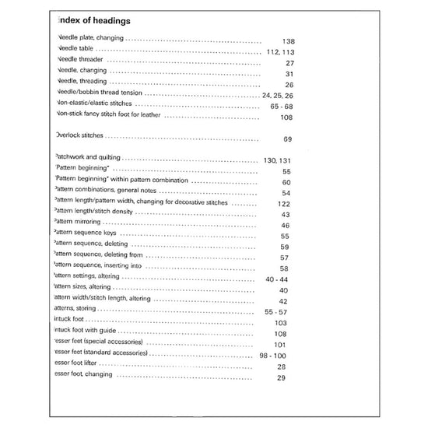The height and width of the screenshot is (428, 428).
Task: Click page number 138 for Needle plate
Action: click(289, 40)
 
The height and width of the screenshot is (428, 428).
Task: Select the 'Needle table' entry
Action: click(76, 48)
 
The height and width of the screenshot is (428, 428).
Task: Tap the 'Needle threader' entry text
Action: click(81, 59)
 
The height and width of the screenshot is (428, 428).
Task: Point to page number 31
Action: click(289, 73)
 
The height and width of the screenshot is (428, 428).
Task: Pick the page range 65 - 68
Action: click(282, 106)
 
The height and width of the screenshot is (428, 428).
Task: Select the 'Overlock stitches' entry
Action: click(81, 135)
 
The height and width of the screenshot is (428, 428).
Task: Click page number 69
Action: click(287, 139)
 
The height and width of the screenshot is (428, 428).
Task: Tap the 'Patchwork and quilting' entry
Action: click(88, 158)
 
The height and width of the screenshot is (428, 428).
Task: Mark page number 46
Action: click(285, 226)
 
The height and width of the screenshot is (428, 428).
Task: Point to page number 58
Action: click(285, 268)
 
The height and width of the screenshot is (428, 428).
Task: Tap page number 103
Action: click(282, 323)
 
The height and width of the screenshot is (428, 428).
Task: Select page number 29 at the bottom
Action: click(282, 378)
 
